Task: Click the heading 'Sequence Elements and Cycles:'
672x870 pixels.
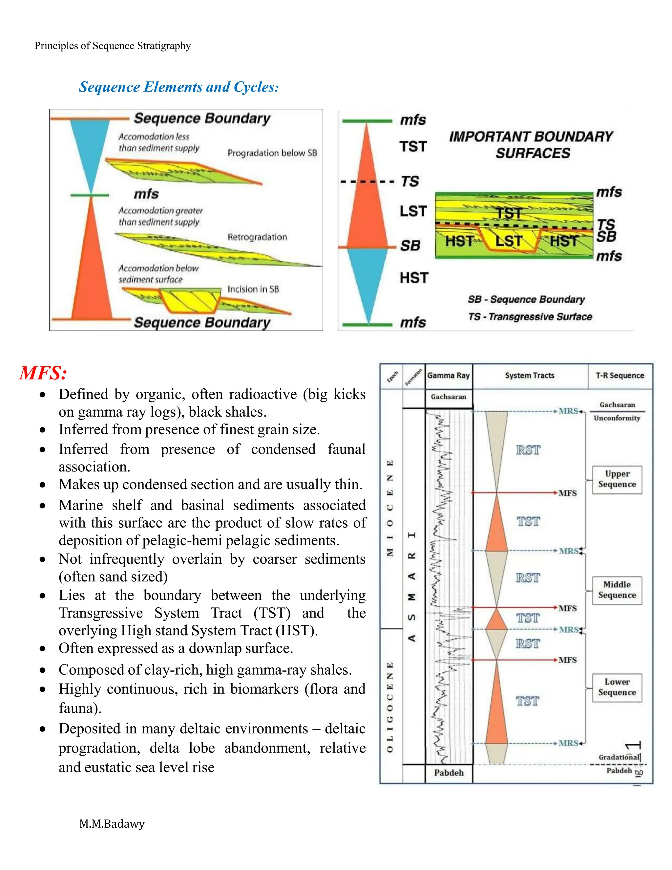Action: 179,87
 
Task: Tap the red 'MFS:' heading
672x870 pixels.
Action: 43,373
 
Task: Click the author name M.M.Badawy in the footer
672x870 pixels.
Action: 112,823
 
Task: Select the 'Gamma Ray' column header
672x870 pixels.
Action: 448,376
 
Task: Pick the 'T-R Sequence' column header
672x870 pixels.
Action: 620,376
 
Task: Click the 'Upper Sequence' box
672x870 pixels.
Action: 617,479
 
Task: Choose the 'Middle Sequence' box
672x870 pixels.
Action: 617,590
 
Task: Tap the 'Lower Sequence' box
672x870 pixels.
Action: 617,687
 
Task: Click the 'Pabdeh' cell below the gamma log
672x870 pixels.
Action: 449,773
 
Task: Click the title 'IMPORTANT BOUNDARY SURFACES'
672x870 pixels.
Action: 532,145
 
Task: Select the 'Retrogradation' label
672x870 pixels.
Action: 257,237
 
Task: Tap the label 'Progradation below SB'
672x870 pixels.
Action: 272,153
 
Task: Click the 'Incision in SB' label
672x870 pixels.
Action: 253,289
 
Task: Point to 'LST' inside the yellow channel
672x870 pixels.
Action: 508,241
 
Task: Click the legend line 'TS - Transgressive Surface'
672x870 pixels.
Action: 530,317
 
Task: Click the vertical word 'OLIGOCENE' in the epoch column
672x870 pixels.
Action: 390,707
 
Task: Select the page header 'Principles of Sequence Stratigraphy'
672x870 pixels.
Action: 113,46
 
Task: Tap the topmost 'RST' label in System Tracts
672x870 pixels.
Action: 528,450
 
